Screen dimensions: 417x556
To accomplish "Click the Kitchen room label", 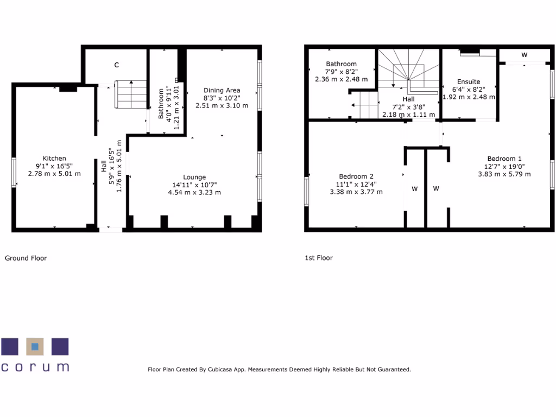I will click(54, 159).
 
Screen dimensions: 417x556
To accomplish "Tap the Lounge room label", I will click(194, 177).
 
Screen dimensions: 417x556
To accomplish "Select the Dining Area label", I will click(222, 90).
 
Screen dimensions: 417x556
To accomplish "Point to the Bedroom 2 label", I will click(356, 176).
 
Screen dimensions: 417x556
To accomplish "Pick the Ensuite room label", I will click(469, 81).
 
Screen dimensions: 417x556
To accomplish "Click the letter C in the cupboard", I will click(116, 65).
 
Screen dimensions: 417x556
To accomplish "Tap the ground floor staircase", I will click(131, 94).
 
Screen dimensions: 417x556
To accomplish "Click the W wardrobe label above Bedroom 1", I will click(524, 55).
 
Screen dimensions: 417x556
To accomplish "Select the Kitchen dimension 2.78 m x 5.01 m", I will click(54, 174).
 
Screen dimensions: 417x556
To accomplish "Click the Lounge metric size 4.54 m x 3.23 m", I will click(194, 192).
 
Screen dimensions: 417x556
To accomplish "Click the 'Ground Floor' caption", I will click(26, 258).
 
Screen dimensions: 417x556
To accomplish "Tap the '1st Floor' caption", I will click(319, 258).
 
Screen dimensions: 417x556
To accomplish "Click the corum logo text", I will click(35, 367).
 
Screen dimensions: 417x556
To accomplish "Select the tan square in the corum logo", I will click(35, 346).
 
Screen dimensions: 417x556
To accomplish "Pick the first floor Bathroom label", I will click(342, 64).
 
